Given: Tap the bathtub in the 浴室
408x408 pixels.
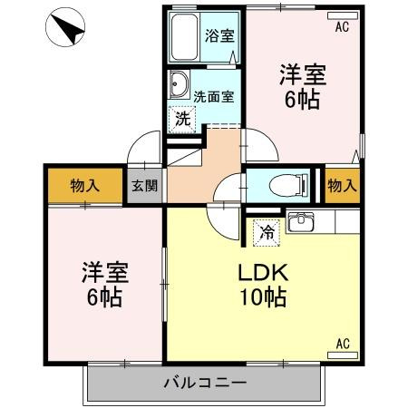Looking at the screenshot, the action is (185, 37).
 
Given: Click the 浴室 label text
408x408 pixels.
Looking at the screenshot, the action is (219, 35).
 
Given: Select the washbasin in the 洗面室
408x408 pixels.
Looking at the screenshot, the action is (179, 84).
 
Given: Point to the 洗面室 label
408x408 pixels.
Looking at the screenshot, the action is (214, 97).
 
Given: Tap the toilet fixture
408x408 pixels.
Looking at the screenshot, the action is (288, 185).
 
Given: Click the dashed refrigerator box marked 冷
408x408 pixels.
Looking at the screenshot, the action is (267, 233).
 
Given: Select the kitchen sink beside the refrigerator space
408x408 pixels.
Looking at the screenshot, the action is (300, 222).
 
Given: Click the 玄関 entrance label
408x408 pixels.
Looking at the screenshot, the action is (144, 186).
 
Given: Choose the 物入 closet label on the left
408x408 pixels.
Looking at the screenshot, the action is (84, 186).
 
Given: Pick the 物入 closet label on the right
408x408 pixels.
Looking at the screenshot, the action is (342, 185).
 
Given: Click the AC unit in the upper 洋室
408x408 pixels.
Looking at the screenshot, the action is (343, 15).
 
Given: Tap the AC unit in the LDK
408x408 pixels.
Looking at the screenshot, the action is (343, 355).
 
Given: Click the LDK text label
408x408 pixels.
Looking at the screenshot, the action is (263, 273).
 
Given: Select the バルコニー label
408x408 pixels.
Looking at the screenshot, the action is (205, 384).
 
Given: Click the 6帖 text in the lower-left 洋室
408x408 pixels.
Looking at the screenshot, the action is (104, 297).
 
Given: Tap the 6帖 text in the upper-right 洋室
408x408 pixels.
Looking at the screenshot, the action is (302, 99).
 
